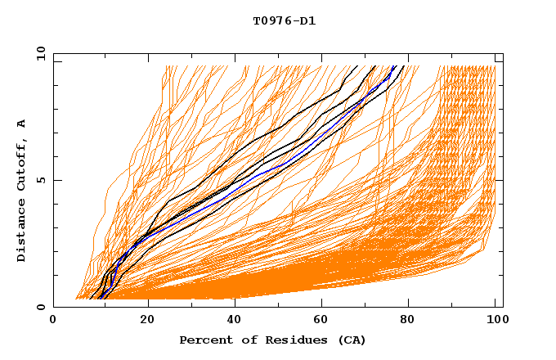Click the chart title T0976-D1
coord(284,21)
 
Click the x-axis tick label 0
coord(53,321)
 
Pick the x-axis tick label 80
coord(409,321)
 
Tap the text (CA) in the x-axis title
coord(352,340)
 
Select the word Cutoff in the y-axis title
coord(22,166)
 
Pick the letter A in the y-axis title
coord(22,124)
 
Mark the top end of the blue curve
coord(395,66)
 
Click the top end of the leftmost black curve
coord(358,66)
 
